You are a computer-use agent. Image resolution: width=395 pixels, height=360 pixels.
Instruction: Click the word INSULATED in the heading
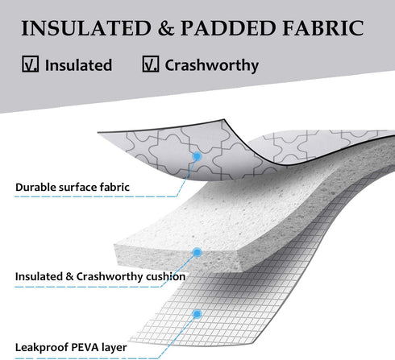[x=86, y=28]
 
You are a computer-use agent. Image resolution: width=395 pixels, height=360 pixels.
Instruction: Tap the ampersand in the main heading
[x=166, y=28]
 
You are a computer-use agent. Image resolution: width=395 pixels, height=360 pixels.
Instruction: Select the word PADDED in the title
[x=228, y=28]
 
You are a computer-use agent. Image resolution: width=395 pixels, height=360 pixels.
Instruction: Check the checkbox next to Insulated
[x=30, y=64]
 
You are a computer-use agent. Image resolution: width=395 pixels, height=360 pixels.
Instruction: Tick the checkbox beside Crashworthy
[x=151, y=64]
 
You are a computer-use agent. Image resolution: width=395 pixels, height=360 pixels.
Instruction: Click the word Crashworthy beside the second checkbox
[x=212, y=66]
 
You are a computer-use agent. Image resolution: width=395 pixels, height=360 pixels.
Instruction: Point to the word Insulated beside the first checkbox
[x=78, y=65]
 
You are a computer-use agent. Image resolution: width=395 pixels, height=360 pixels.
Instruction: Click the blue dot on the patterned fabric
[x=197, y=156]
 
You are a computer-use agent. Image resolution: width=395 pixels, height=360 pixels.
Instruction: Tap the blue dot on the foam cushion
[x=197, y=252]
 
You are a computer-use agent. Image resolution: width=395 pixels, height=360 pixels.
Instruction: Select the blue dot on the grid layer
[x=197, y=314]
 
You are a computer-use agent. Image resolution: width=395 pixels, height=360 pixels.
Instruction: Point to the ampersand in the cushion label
[x=69, y=276]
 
